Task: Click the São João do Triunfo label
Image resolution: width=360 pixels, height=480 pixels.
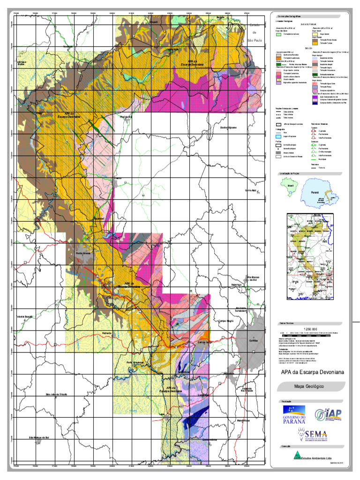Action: [56, 395]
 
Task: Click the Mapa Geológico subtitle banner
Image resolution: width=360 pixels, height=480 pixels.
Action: [309, 387]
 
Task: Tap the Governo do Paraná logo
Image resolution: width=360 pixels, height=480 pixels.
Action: [294, 414]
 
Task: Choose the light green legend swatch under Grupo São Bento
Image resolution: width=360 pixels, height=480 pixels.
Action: [278, 34]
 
